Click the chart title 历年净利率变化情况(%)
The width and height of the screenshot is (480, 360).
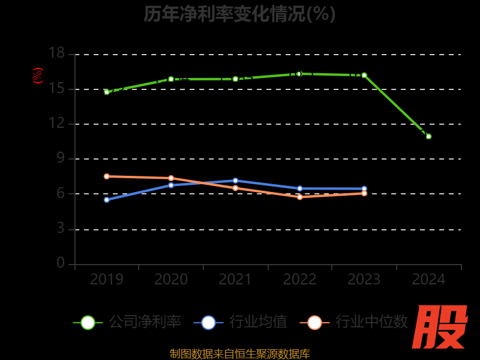coord(239,14)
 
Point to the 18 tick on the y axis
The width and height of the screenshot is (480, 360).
coord(56,54)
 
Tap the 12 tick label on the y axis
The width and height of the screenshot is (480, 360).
coord(56,124)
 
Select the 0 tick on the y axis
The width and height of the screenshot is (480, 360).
coord(61,263)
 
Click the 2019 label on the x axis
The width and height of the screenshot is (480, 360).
coord(107,280)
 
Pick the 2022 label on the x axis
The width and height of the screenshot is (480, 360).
coord(299,280)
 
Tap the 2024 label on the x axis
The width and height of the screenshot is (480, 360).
coord(428,280)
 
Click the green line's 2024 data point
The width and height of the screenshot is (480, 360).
coord(428,136)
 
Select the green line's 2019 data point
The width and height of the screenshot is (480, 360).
coord(107,92)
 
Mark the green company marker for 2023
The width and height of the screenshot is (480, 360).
coord(364,75)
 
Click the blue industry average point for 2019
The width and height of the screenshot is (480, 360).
coord(107,199)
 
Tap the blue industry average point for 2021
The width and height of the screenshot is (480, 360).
coord(235,181)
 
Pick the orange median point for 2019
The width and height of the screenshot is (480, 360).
coord(107,176)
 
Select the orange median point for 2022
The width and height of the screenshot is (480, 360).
coord(299,197)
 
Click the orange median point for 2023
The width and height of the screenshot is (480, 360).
coord(364,193)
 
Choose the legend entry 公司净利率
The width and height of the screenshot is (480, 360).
coord(127,322)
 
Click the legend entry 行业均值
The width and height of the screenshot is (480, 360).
coord(241,322)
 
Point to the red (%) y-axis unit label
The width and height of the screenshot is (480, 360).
coord(38,76)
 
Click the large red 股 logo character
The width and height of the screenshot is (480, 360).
coord(441,327)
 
